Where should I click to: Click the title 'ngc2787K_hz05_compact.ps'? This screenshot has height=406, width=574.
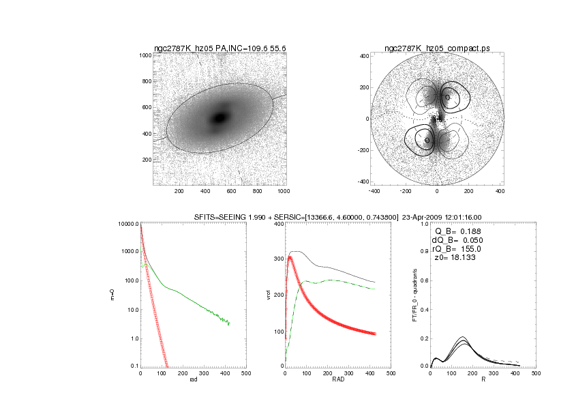point(437,48)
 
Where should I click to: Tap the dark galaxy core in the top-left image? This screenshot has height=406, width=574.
point(220,117)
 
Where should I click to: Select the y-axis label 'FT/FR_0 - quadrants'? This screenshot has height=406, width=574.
point(414,295)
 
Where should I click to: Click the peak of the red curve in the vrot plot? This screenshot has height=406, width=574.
point(290,257)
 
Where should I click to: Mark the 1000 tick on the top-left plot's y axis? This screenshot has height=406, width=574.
point(144,55)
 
